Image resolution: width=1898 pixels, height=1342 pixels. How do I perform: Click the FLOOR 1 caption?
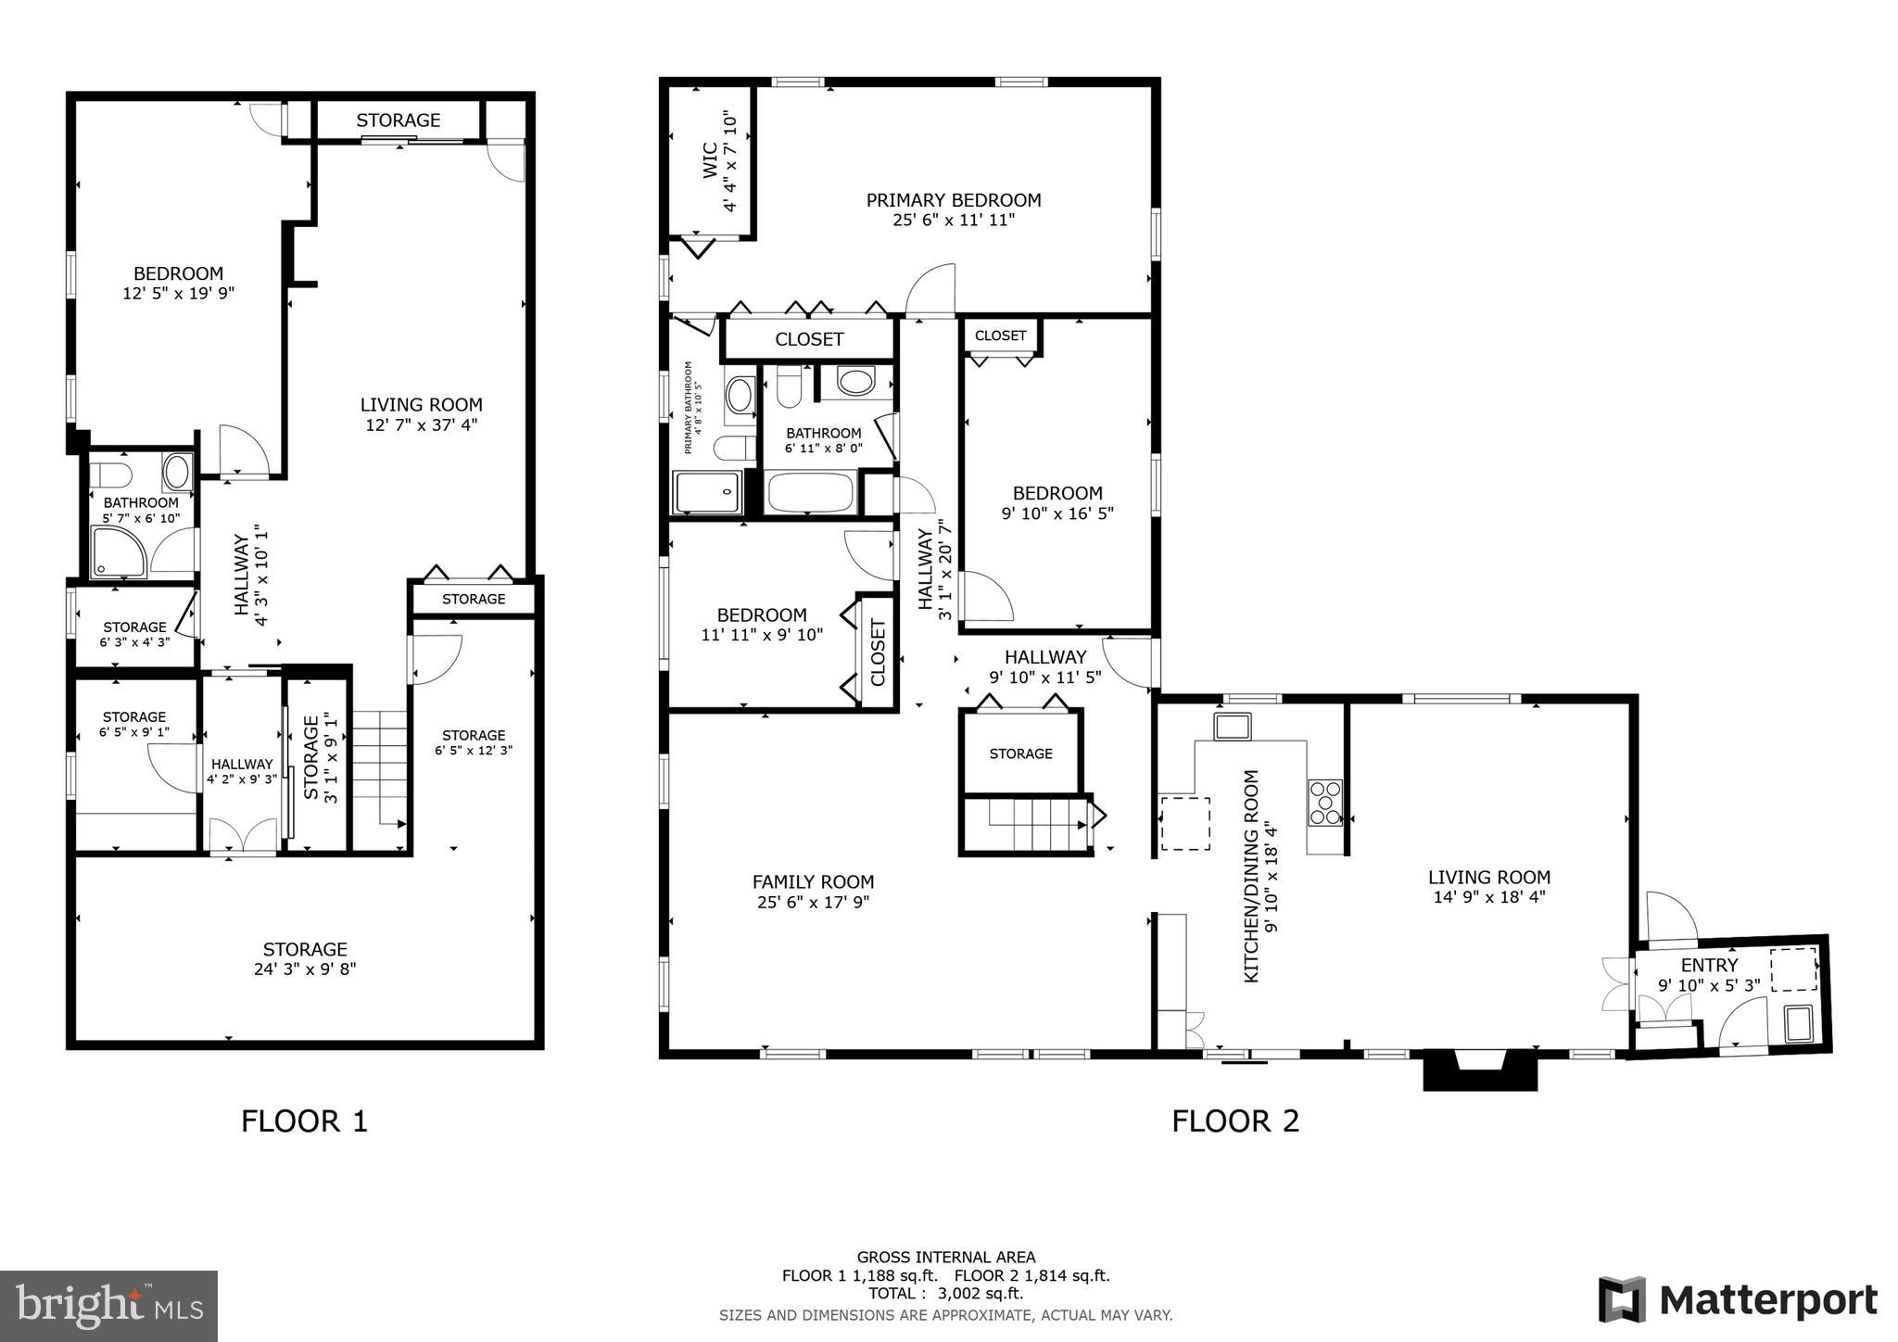(304, 1121)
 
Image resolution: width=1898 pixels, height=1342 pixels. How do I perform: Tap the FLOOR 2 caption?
(1234, 1121)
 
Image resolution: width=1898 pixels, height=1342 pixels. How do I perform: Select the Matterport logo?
(1737, 1300)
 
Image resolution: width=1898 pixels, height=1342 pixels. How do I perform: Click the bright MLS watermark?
(108, 1306)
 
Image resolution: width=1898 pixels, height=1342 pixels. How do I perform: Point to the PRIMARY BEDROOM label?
(953, 200)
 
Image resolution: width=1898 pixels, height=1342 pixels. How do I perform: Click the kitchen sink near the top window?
(1233, 726)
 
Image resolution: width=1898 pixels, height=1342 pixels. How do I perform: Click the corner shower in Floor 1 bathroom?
(118, 551)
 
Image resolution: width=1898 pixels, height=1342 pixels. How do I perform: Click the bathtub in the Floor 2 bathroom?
(810, 493)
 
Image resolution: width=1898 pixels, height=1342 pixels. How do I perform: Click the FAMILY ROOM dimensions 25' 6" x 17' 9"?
(813, 902)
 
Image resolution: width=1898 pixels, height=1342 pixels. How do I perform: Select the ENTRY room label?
(1709, 965)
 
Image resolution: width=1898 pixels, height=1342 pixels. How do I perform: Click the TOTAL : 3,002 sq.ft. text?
(945, 1293)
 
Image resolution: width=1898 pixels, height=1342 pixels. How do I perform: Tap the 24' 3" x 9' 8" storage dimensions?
(304, 969)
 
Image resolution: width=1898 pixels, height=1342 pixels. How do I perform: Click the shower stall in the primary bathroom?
(706, 492)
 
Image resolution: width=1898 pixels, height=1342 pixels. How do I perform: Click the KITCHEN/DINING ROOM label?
(1251, 876)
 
